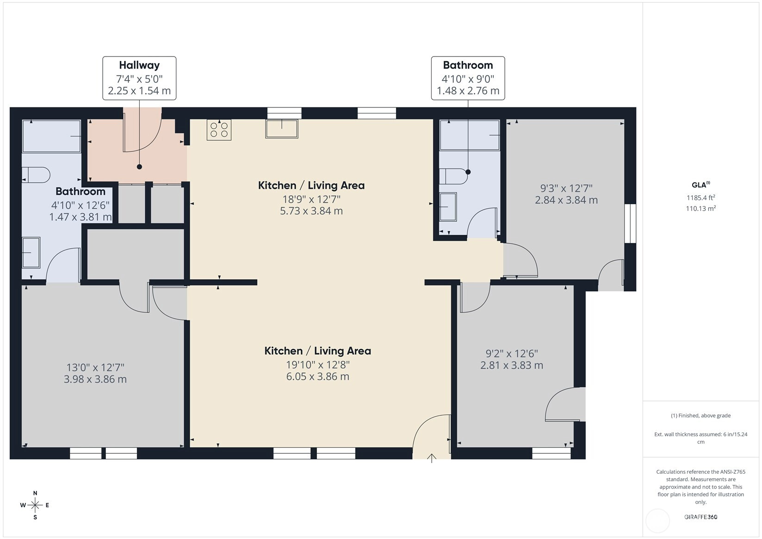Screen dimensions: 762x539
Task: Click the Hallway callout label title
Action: point(139,65)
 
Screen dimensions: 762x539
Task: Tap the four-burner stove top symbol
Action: point(219,130)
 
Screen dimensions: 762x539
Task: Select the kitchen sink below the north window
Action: point(282,129)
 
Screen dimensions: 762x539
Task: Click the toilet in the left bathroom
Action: point(37,175)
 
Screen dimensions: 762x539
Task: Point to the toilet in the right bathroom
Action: point(453,176)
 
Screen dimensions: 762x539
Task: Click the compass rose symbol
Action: point(35,505)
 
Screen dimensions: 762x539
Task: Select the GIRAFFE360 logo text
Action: point(701,517)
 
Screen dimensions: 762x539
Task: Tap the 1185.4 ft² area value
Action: point(701,197)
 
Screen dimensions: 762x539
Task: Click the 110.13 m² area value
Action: point(701,208)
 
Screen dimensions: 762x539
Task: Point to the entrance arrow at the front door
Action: point(432,458)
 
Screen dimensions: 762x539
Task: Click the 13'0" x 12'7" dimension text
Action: point(95,368)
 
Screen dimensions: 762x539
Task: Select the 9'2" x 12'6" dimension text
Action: point(512,354)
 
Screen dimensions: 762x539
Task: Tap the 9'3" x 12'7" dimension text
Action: point(566,188)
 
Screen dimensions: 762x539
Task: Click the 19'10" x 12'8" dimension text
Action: point(318,365)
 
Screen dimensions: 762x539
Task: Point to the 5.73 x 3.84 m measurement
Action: point(311,211)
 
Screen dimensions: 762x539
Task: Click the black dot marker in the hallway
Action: point(139,167)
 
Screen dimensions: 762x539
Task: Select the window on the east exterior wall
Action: point(630,223)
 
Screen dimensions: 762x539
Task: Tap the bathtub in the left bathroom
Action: point(52,136)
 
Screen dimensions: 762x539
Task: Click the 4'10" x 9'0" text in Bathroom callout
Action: point(468,79)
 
